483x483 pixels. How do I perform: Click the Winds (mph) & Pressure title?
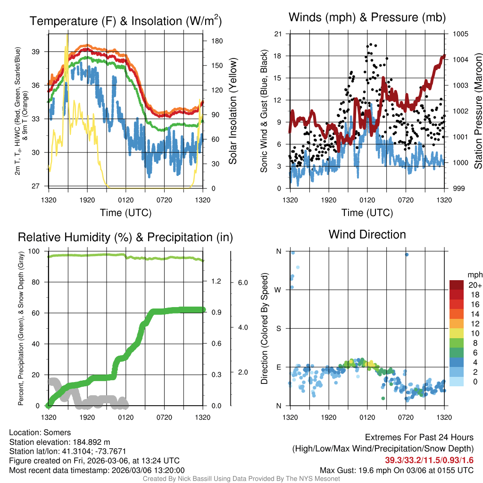367,17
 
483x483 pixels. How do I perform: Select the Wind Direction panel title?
367,234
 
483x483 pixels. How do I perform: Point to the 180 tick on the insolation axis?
217,41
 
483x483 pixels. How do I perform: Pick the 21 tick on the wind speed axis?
277,34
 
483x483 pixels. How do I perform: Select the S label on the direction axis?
278,328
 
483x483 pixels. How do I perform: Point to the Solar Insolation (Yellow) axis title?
233,111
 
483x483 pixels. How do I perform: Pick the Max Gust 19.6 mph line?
397,470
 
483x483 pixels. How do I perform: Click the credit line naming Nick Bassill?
241,479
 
